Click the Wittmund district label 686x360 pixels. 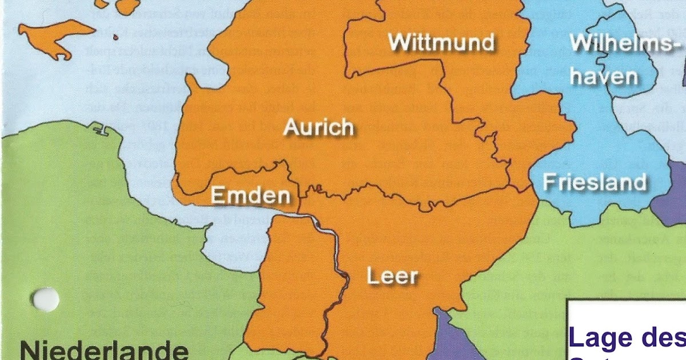click(441, 42)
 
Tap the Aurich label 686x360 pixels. click(318, 127)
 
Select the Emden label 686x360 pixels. click(250, 196)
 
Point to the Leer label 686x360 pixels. click(392, 277)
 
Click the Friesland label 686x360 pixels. click(594, 182)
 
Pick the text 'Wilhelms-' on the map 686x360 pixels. click(623, 43)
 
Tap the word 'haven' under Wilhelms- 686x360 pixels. click(604, 77)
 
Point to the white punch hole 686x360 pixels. click(46, 299)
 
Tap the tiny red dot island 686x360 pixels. click(115, 38)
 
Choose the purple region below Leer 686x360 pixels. click(452, 340)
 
